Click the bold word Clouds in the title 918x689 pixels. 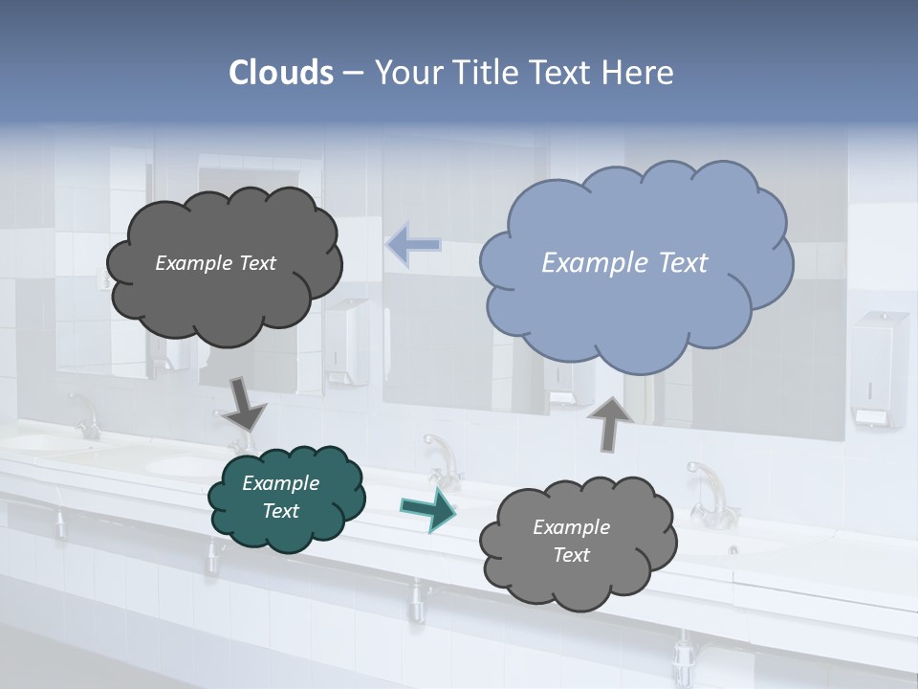point(281,73)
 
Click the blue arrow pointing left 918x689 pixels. point(412,245)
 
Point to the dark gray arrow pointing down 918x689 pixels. point(244,403)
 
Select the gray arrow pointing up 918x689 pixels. point(611,422)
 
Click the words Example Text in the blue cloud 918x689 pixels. point(624,263)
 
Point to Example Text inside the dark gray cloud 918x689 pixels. point(215,263)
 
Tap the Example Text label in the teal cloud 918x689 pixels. point(281,497)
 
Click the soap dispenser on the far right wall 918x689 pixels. point(877,368)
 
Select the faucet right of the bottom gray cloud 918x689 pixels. point(709,492)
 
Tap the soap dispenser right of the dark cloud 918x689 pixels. point(348,341)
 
